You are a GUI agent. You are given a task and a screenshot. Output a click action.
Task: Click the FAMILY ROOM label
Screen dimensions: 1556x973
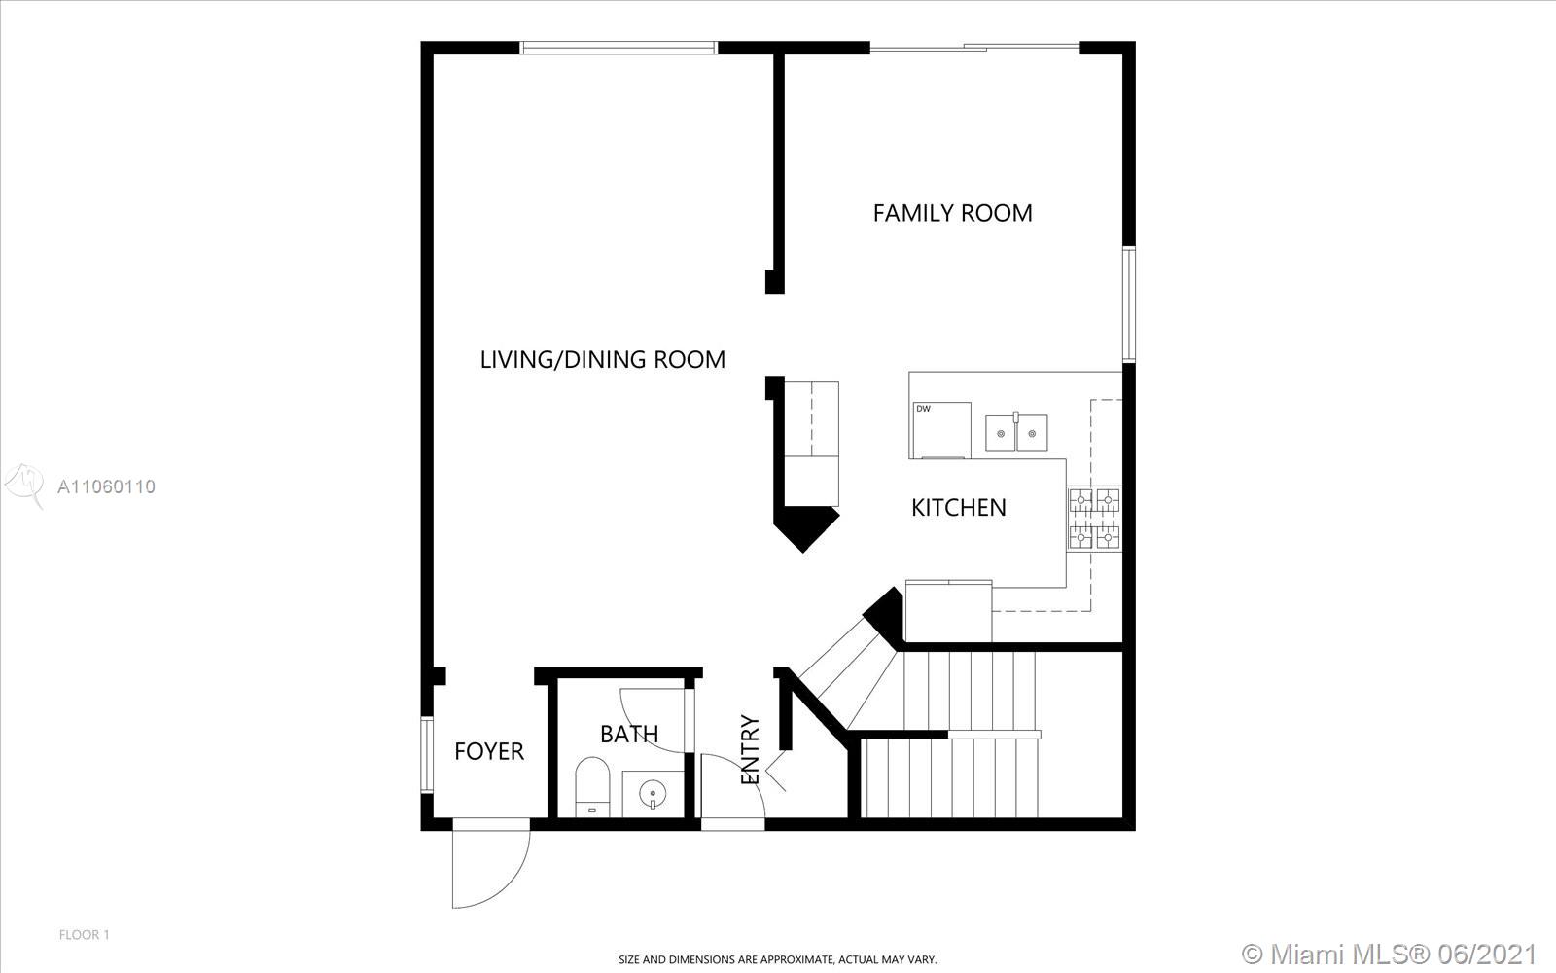pos(952,213)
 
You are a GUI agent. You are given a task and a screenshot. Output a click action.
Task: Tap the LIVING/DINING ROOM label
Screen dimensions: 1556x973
pos(602,359)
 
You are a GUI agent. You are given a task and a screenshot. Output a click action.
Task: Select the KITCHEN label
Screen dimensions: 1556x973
pos(959,507)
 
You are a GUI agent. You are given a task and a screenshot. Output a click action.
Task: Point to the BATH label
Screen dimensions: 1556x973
pos(629,734)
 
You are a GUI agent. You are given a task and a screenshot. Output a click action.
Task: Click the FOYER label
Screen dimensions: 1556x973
pos(489,750)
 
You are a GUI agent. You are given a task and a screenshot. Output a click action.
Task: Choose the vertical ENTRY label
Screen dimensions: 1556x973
pos(750,750)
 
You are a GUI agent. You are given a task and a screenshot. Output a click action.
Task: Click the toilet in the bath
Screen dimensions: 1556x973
pos(592,787)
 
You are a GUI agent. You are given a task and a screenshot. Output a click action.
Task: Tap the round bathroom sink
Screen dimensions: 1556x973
pos(653,792)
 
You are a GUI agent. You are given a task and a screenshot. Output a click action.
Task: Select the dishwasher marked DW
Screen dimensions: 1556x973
pos(941,430)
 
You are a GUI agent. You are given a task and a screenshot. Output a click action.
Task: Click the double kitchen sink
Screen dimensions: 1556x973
pos(1016,432)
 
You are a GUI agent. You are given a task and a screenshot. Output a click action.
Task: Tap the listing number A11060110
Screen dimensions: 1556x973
pos(106,486)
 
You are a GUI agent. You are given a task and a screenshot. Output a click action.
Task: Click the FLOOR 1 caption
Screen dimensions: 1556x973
pos(84,935)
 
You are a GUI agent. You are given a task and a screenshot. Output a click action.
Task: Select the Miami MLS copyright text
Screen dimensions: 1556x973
pos(1389,954)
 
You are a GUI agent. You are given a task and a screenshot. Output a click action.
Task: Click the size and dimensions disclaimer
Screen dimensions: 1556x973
pos(777,959)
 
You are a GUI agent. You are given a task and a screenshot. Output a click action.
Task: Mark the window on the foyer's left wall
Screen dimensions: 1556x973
pos(427,754)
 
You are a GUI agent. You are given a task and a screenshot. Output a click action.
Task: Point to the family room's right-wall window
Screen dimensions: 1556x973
pos(1129,305)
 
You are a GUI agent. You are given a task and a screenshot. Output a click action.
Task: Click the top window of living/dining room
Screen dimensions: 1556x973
pos(619,48)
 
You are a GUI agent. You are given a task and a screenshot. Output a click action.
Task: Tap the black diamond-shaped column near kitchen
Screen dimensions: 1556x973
pos(806,526)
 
